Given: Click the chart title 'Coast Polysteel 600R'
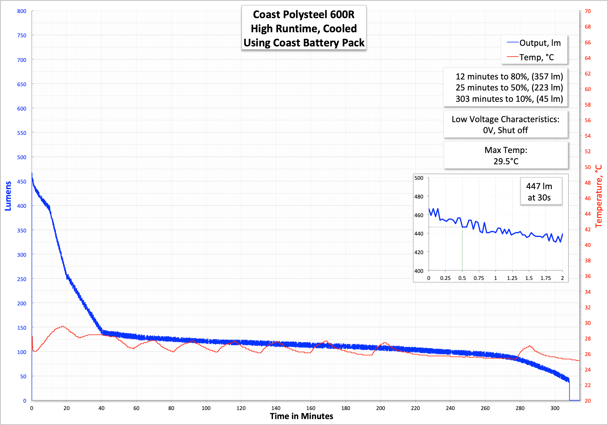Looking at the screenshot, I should pos(304,14).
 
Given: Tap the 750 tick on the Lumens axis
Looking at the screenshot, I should pos(22,35).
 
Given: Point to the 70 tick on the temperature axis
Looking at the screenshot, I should pos(588,11).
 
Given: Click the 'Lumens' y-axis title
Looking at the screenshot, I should pos(8,196).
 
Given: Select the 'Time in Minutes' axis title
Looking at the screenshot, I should pos(301,416).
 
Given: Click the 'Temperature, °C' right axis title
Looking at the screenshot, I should pos(599,196).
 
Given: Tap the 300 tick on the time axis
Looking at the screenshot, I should pos(555,408).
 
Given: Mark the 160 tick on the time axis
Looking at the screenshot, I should pos(311,408).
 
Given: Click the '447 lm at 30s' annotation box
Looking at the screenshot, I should pos(539,192).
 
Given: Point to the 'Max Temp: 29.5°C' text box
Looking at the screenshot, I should pos(506,156).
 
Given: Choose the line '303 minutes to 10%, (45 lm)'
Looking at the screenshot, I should pos(509,99).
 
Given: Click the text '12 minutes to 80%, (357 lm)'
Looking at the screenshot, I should pos(509,76).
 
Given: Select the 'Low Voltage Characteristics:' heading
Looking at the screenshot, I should pos(505,119).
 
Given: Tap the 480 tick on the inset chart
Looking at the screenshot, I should pos(419,197).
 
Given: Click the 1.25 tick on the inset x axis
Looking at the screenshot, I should pos(512,278).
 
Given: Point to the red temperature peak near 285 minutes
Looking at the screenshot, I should pos(529,346).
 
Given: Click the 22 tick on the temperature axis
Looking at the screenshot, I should pos(588,385).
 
